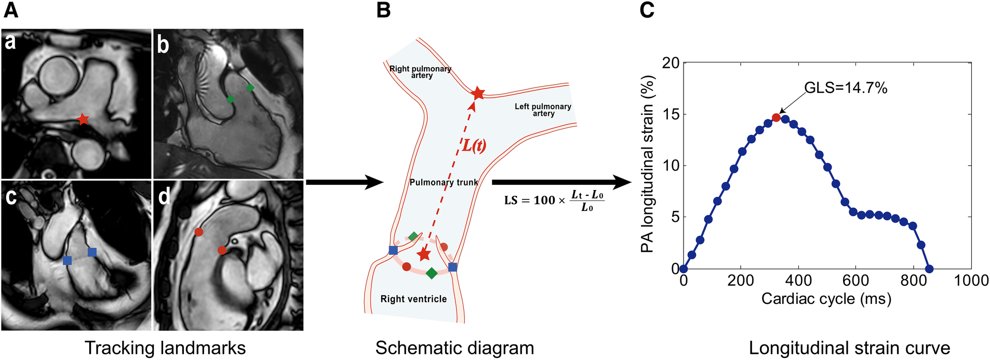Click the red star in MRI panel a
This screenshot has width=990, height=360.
click(x=83, y=119)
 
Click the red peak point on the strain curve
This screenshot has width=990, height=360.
click(x=776, y=117)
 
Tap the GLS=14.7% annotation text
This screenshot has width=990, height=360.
click(x=846, y=88)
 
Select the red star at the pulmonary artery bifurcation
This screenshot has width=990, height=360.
click(x=478, y=94)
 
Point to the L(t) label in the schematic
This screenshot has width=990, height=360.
click(x=474, y=145)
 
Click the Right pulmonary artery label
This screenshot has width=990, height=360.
click(x=421, y=72)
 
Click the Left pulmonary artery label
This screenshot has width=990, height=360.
click(x=543, y=110)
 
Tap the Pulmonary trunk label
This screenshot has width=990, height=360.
click(x=444, y=182)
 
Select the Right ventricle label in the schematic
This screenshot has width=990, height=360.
click(x=413, y=299)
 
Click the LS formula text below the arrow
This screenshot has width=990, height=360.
click(x=554, y=201)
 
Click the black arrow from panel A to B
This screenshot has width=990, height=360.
click(x=344, y=182)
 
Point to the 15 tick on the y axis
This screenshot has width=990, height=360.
click(x=671, y=114)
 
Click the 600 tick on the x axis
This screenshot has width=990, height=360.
click(x=855, y=281)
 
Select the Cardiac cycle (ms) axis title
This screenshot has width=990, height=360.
click(x=826, y=299)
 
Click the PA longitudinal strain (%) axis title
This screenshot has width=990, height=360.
click(x=647, y=164)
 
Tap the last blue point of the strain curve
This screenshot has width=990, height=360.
click(x=929, y=269)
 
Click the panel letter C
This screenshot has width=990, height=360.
click(x=647, y=10)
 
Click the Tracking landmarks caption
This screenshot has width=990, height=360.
click(x=165, y=348)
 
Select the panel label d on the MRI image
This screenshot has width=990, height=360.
click(x=164, y=196)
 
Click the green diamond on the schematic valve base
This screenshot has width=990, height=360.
click(x=432, y=273)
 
